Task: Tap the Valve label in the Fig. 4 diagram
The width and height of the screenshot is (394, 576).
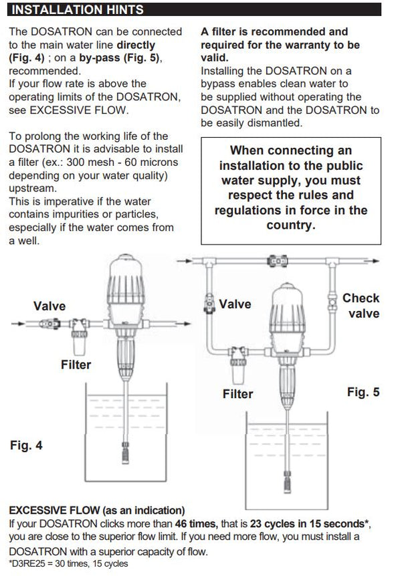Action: pos(50,306)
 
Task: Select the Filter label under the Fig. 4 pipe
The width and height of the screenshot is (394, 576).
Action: pos(76,365)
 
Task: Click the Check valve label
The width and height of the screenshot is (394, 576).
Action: pos(362,306)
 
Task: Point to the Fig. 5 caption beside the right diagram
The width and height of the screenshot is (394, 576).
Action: pos(363,392)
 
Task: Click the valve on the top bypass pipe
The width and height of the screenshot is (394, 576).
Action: pos(274,260)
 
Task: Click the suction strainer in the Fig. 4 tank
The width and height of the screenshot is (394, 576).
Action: pos(125,458)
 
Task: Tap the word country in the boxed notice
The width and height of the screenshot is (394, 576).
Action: pos(290,225)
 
